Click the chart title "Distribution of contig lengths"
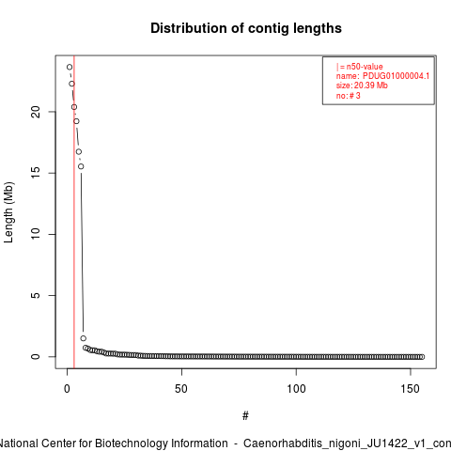246,28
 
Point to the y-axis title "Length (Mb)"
9,212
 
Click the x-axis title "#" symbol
245,416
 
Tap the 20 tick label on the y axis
36,112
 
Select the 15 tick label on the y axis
36,173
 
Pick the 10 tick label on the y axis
36,234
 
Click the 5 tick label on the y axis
36,295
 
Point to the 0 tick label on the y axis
36,356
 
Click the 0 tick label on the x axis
67,389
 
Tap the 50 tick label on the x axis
181,389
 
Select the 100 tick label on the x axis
296,389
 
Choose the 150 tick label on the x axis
411,389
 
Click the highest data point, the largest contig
70,67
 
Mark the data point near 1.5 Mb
84,338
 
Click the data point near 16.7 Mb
79,152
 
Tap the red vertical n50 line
74,212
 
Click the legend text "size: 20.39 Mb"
362,86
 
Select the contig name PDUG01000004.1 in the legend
396,76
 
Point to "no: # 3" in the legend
348,95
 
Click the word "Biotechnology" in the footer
162,443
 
